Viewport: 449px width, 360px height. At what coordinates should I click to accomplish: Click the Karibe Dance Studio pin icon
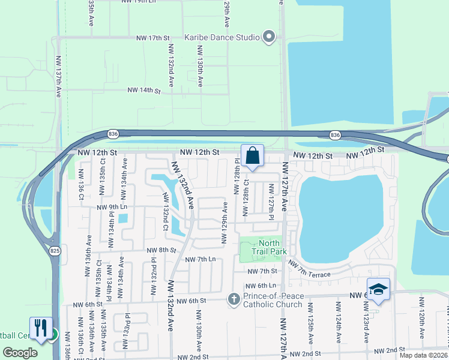click(269, 37)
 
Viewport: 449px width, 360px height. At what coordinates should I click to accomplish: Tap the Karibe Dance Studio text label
click(222, 37)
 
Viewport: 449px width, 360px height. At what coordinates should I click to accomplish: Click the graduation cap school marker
click(378, 289)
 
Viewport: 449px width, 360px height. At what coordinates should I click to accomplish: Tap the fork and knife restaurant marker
click(41, 328)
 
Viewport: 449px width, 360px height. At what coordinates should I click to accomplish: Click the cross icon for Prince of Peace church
click(234, 298)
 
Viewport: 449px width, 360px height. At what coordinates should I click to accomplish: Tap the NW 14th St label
click(144, 91)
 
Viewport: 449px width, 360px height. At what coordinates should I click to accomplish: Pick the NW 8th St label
click(160, 250)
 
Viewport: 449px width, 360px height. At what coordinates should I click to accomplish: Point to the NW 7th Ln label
click(200, 260)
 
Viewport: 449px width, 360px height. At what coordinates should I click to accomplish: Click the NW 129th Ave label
click(225, 223)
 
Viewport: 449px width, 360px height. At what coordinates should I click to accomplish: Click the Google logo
click(20, 353)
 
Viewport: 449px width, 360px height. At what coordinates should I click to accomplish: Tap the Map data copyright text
click(424, 355)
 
